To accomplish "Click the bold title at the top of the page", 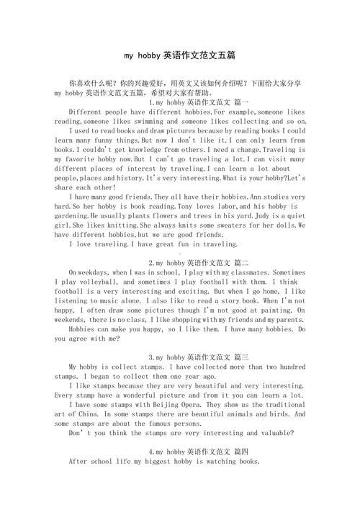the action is pyautogui.click(x=180, y=55).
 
